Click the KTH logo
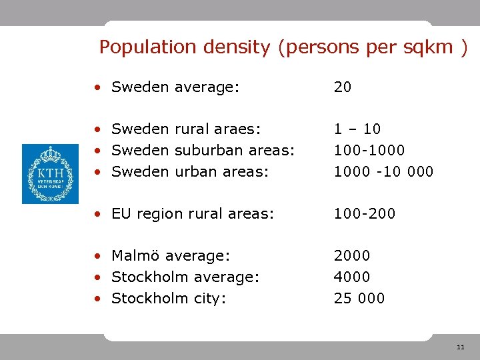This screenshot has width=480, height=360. tap(50, 173)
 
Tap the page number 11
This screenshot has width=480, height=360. tap(460, 348)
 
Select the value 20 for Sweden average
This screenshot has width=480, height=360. tap(343, 87)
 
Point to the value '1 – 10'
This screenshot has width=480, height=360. tap(357, 129)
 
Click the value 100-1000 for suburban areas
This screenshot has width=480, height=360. tap(369, 150)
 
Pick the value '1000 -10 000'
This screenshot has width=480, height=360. tap(383, 171)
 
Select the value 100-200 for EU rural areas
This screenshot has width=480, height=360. tap(364, 214)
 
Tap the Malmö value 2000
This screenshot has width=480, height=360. tap(352, 255)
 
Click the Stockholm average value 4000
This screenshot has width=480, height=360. tap(352, 277)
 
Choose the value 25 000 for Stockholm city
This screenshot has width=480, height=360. tap(359, 298)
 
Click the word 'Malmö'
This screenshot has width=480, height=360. tap(135, 255)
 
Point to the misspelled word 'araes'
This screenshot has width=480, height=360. tap(237, 129)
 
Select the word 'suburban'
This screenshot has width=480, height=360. tap(206, 150)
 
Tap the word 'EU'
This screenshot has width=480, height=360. tap(121, 214)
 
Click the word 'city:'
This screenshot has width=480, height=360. tap(209, 298)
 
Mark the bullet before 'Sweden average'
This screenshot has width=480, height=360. tap(97, 87)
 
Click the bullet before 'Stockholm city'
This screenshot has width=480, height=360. tap(97, 299)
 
